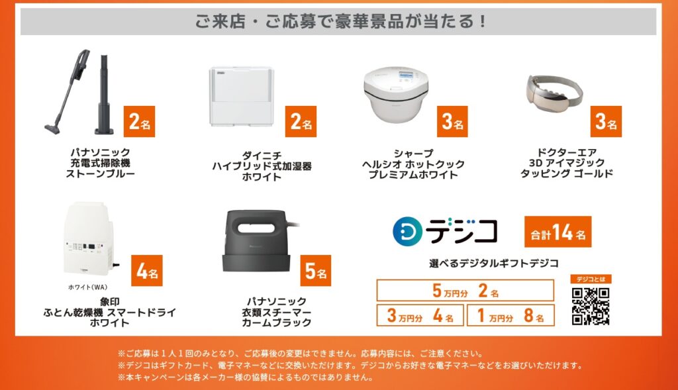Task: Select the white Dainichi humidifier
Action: (x=241, y=96)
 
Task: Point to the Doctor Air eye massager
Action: (x=554, y=91)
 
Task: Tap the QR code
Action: (x=590, y=306)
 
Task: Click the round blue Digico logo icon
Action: (x=407, y=232)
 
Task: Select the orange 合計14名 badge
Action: (x=557, y=232)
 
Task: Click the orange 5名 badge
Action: (x=316, y=271)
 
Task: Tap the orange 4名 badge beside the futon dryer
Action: (x=147, y=271)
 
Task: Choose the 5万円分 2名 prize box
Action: (x=465, y=290)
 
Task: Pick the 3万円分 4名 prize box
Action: (x=420, y=315)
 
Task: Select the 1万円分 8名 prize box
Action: (x=510, y=315)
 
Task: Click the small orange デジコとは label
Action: (x=591, y=279)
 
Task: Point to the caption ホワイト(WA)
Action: (x=88, y=287)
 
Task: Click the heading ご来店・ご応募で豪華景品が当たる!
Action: (x=341, y=21)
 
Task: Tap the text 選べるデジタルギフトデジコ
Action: (x=494, y=263)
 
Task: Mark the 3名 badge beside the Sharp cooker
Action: (x=452, y=121)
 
